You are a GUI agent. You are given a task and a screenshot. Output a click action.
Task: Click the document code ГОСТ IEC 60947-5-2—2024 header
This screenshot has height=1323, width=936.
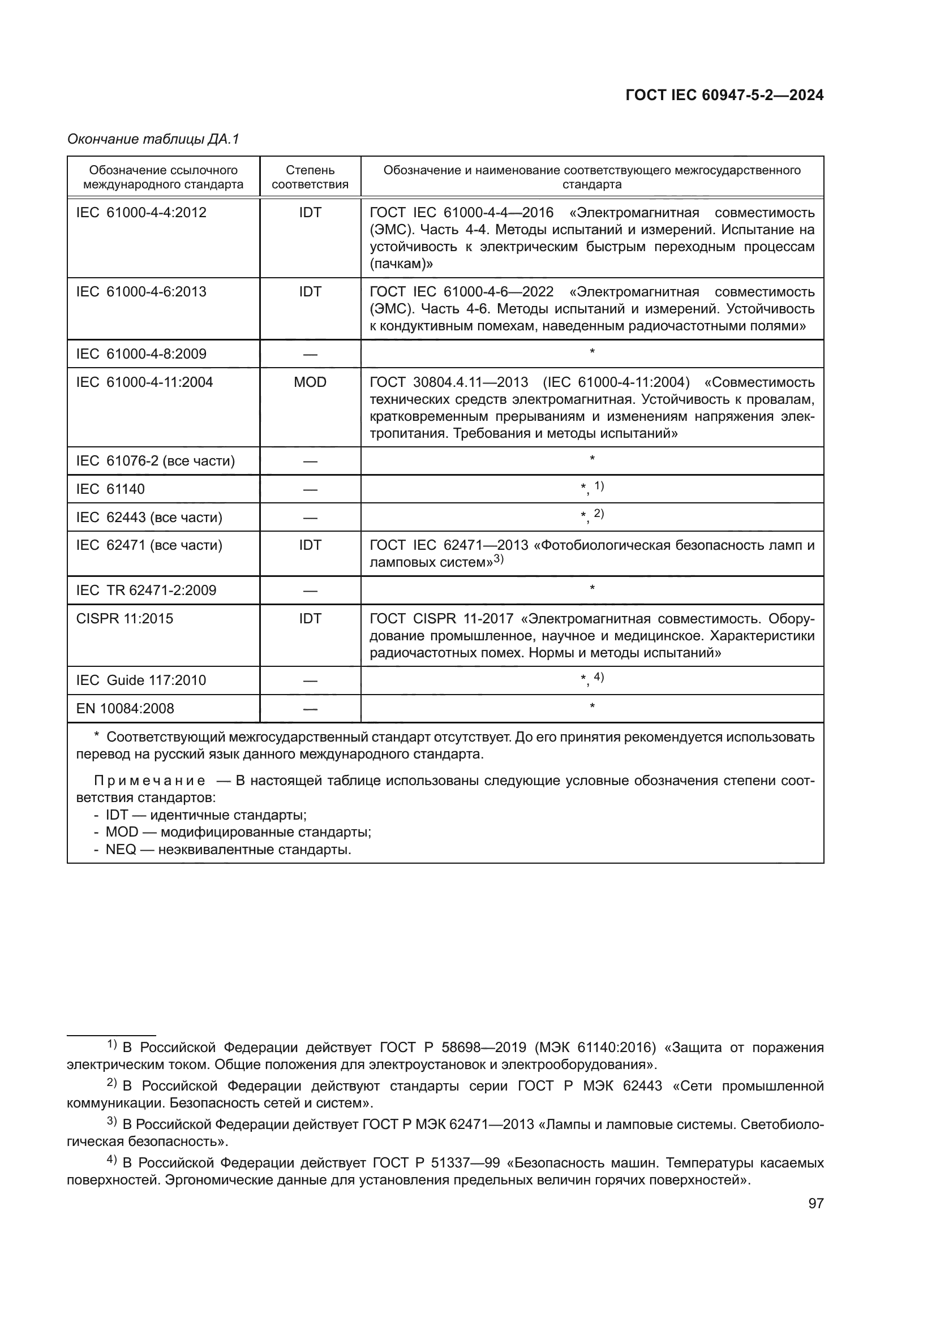click(x=724, y=96)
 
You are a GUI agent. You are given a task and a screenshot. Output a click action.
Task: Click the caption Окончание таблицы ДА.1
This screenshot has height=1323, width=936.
click(x=153, y=139)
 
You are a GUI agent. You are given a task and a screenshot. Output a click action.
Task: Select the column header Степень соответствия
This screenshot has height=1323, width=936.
click(x=310, y=177)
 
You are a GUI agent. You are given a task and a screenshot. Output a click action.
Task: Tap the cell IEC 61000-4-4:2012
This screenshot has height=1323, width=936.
click(x=141, y=213)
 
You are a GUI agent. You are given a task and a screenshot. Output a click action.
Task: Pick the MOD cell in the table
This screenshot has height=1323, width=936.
click(x=310, y=382)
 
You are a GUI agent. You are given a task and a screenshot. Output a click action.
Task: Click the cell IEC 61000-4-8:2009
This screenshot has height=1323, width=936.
click(x=141, y=354)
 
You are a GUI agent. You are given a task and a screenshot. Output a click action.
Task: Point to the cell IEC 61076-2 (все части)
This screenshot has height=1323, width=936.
click(x=155, y=461)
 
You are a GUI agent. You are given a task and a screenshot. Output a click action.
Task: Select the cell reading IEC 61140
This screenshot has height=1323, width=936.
click(x=110, y=489)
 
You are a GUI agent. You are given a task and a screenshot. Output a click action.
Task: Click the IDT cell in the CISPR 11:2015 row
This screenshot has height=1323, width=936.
click(x=310, y=619)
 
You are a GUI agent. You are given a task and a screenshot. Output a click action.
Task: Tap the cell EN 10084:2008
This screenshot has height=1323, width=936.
click(x=125, y=709)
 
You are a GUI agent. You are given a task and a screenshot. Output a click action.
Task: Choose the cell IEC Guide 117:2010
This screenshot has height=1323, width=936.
click(x=141, y=680)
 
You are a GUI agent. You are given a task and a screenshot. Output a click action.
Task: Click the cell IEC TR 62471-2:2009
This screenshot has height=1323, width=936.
click(x=146, y=591)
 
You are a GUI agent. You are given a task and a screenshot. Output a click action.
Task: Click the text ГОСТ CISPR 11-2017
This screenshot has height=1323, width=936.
click(x=441, y=619)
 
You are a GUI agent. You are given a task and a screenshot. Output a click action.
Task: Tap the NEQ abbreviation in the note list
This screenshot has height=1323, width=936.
click(x=121, y=850)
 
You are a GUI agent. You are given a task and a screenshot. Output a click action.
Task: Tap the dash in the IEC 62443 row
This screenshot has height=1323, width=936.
click(x=310, y=518)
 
